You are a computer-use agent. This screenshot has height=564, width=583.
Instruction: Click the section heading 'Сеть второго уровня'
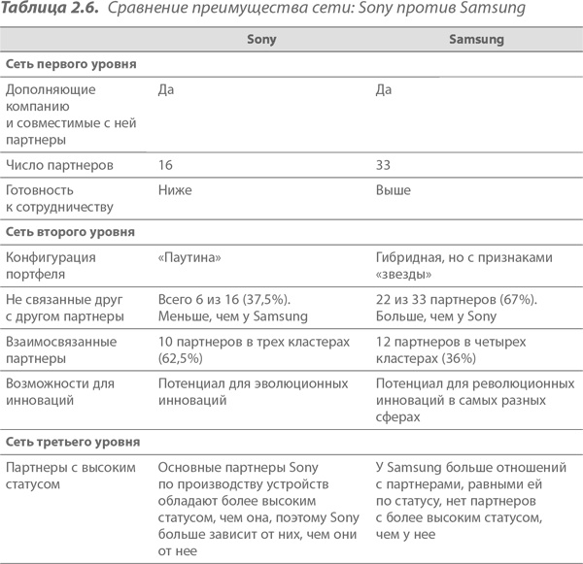click(x=69, y=233)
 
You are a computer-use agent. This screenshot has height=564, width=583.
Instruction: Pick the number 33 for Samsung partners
click(x=383, y=165)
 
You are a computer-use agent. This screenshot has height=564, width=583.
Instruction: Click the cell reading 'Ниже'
click(x=175, y=190)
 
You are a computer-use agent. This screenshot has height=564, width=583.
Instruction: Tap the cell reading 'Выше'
click(x=393, y=190)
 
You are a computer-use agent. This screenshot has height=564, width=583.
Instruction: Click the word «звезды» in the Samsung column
click(x=403, y=273)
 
